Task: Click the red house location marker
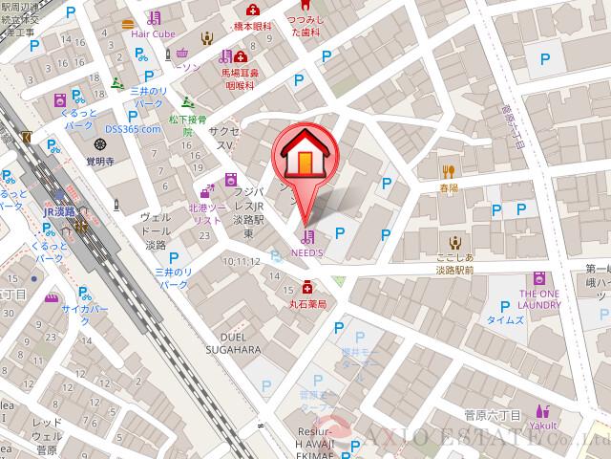(x=305, y=155)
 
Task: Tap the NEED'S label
(x=307, y=253)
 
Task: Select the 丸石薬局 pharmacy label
(x=307, y=304)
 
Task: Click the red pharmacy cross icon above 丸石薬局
(x=306, y=287)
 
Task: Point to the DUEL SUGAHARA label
(x=234, y=343)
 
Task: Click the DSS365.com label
(x=133, y=128)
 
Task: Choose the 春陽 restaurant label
(x=450, y=189)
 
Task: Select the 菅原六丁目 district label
(x=491, y=416)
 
